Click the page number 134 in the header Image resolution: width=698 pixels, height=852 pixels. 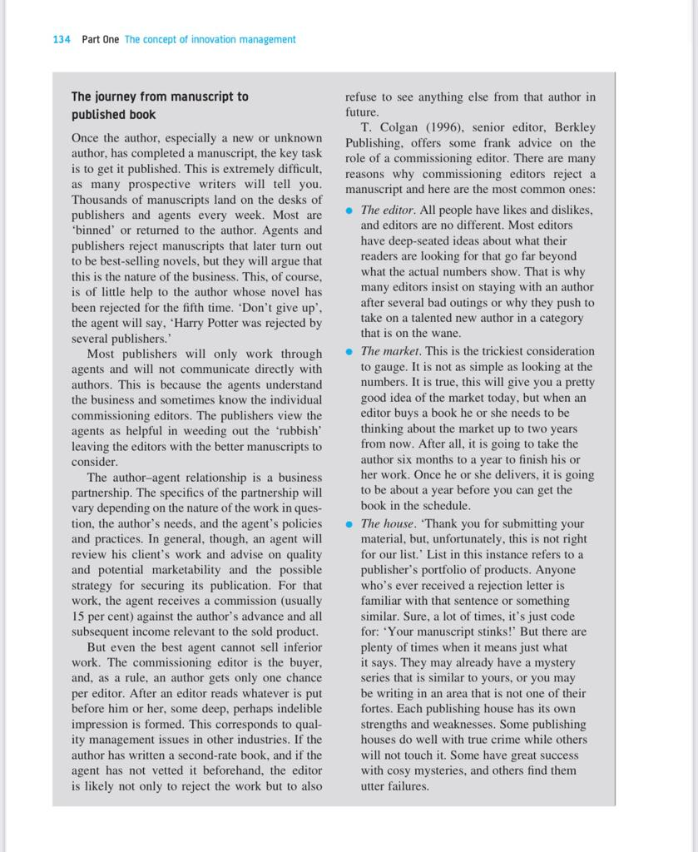click(x=61, y=39)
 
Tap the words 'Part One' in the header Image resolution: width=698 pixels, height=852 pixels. click(x=100, y=39)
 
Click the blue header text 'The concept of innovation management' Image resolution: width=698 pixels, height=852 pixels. click(x=210, y=39)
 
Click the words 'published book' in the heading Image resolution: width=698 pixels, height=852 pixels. click(x=113, y=115)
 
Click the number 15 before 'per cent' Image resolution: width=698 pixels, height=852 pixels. click(x=78, y=617)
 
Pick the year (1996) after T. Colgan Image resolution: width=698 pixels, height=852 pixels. click(x=448, y=127)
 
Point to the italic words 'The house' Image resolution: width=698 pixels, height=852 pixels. click(x=387, y=524)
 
